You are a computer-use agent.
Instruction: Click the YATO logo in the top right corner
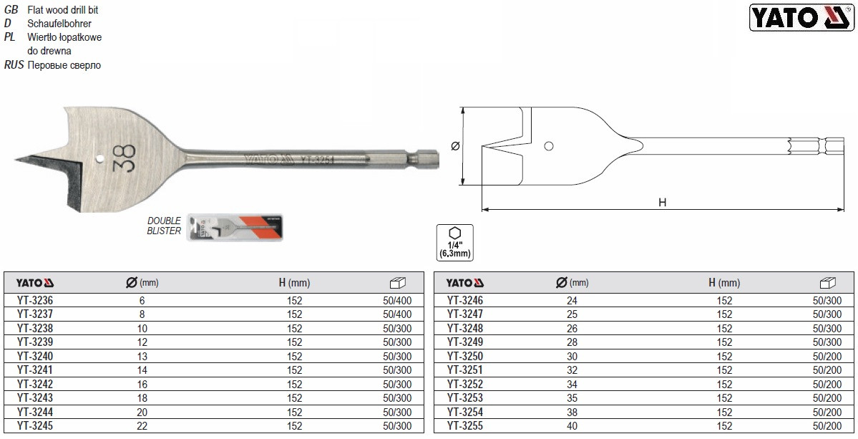pos(801,17)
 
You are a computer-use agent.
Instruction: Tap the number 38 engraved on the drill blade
pos(125,158)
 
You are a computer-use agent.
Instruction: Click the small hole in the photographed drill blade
pos(99,159)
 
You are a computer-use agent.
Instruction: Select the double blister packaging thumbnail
pos(235,227)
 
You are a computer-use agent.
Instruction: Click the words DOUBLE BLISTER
pos(164,226)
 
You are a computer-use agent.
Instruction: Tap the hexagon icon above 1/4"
pos(454,233)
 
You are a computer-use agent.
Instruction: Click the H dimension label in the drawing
pos(662,203)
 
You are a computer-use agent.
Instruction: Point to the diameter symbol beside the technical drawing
pos(454,146)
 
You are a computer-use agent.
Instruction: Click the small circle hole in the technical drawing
pos(549,146)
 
